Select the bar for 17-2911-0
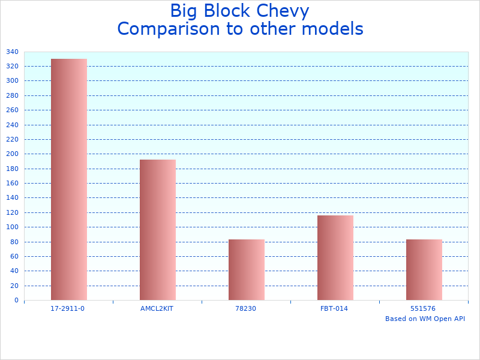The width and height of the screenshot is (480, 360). pyautogui.click(x=69, y=179)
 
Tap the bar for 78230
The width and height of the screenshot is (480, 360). pyautogui.click(x=247, y=269)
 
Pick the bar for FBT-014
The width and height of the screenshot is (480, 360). pyautogui.click(x=335, y=257)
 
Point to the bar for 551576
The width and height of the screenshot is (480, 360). pyautogui.click(x=424, y=269)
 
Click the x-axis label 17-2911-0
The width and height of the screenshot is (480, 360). pyautogui.click(x=68, y=308)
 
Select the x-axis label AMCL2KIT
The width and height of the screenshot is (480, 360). pyautogui.click(x=157, y=308)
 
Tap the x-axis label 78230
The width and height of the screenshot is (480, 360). pyautogui.click(x=246, y=308)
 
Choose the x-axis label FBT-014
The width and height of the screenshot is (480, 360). pyautogui.click(x=334, y=308)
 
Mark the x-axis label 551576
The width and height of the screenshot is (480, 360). pyautogui.click(x=423, y=308)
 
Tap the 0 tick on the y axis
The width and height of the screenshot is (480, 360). pyautogui.click(x=17, y=300)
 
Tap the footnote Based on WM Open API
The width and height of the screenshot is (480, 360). pyautogui.click(x=425, y=319)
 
